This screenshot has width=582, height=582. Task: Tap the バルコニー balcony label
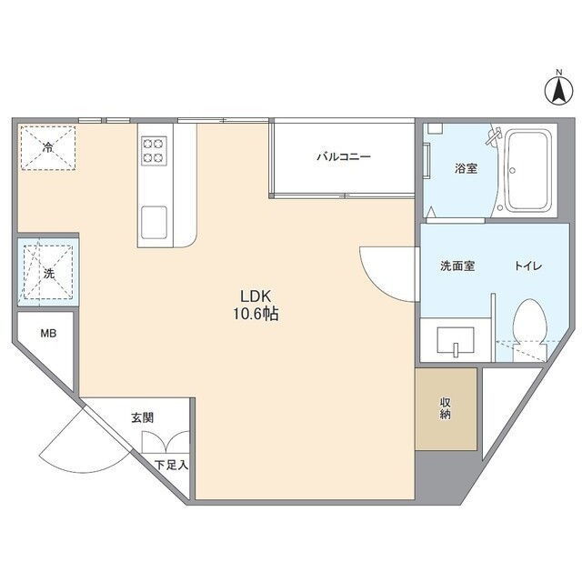(344, 156)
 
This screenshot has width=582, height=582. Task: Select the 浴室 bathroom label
(467, 168)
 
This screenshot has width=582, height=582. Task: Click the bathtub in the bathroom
(528, 171)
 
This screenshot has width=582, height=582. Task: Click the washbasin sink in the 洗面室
(456, 339)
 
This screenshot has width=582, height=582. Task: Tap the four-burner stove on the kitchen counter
(154, 151)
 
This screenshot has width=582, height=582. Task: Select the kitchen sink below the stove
(154, 222)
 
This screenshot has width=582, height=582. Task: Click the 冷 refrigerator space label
(48, 147)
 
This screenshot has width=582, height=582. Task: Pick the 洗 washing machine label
(48, 274)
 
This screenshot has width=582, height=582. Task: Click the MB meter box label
(48, 334)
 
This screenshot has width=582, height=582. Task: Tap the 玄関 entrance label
(142, 418)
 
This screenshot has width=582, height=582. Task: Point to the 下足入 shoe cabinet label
(172, 465)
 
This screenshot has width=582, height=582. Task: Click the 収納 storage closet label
(446, 408)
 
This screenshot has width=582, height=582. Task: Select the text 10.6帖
(256, 315)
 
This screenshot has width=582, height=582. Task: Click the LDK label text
(256, 296)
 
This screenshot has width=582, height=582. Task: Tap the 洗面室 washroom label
(457, 266)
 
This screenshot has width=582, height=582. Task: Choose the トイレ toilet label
(528, 266)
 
